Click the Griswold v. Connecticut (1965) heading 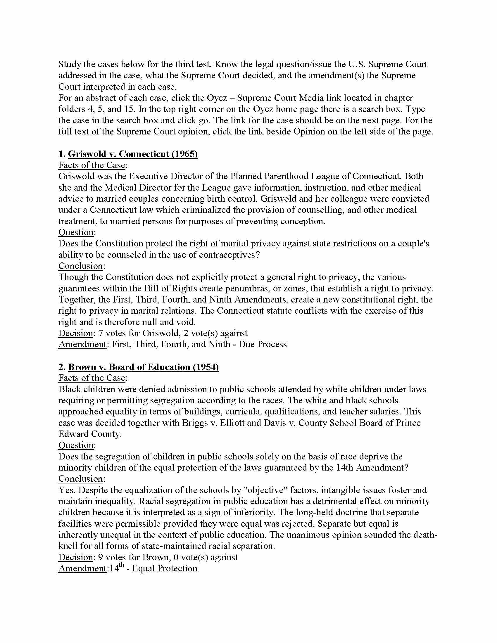[x=132, y=154]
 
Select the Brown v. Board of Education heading [x=143, y=367]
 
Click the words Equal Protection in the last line [x=165, y=568]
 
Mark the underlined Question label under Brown [x=76, y=445]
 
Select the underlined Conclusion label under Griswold [x=80, y=266]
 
